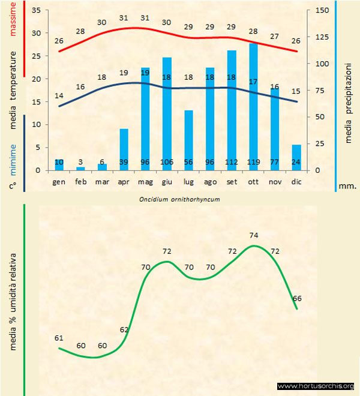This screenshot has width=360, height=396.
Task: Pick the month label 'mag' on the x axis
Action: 145,181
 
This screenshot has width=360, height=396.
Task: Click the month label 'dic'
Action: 296,181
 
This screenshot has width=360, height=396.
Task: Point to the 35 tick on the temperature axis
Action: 35,11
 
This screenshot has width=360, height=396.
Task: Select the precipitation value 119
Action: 253,163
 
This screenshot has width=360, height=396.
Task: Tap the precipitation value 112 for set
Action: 232,163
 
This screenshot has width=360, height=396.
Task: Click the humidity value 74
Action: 254,235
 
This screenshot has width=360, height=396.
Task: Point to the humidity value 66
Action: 297,298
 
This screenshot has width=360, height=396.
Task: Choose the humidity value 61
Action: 59,338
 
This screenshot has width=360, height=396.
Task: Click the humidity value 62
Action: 124,329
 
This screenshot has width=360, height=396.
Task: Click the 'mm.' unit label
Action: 348,187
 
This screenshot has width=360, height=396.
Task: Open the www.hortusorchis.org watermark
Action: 316,386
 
